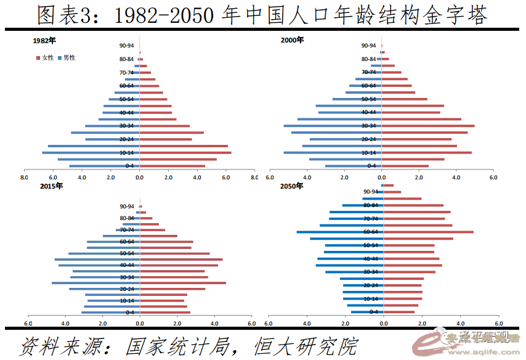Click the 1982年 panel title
[x=45, y=41]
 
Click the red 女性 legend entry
[x=45, y=57]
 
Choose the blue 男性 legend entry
[x=66, y=57]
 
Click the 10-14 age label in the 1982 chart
[x=126, y=153]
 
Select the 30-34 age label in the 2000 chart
[x=368, y=126]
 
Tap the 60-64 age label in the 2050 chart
[x=370, y=232]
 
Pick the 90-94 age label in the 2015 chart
[x=127, y=207]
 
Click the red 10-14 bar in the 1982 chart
[x=185, y=152]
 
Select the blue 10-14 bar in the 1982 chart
[x=91, y=152]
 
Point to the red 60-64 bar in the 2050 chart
[x=429, y=232]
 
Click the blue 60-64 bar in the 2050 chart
[x=339, y=232]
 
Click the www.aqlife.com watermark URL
[x=480, y=349]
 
